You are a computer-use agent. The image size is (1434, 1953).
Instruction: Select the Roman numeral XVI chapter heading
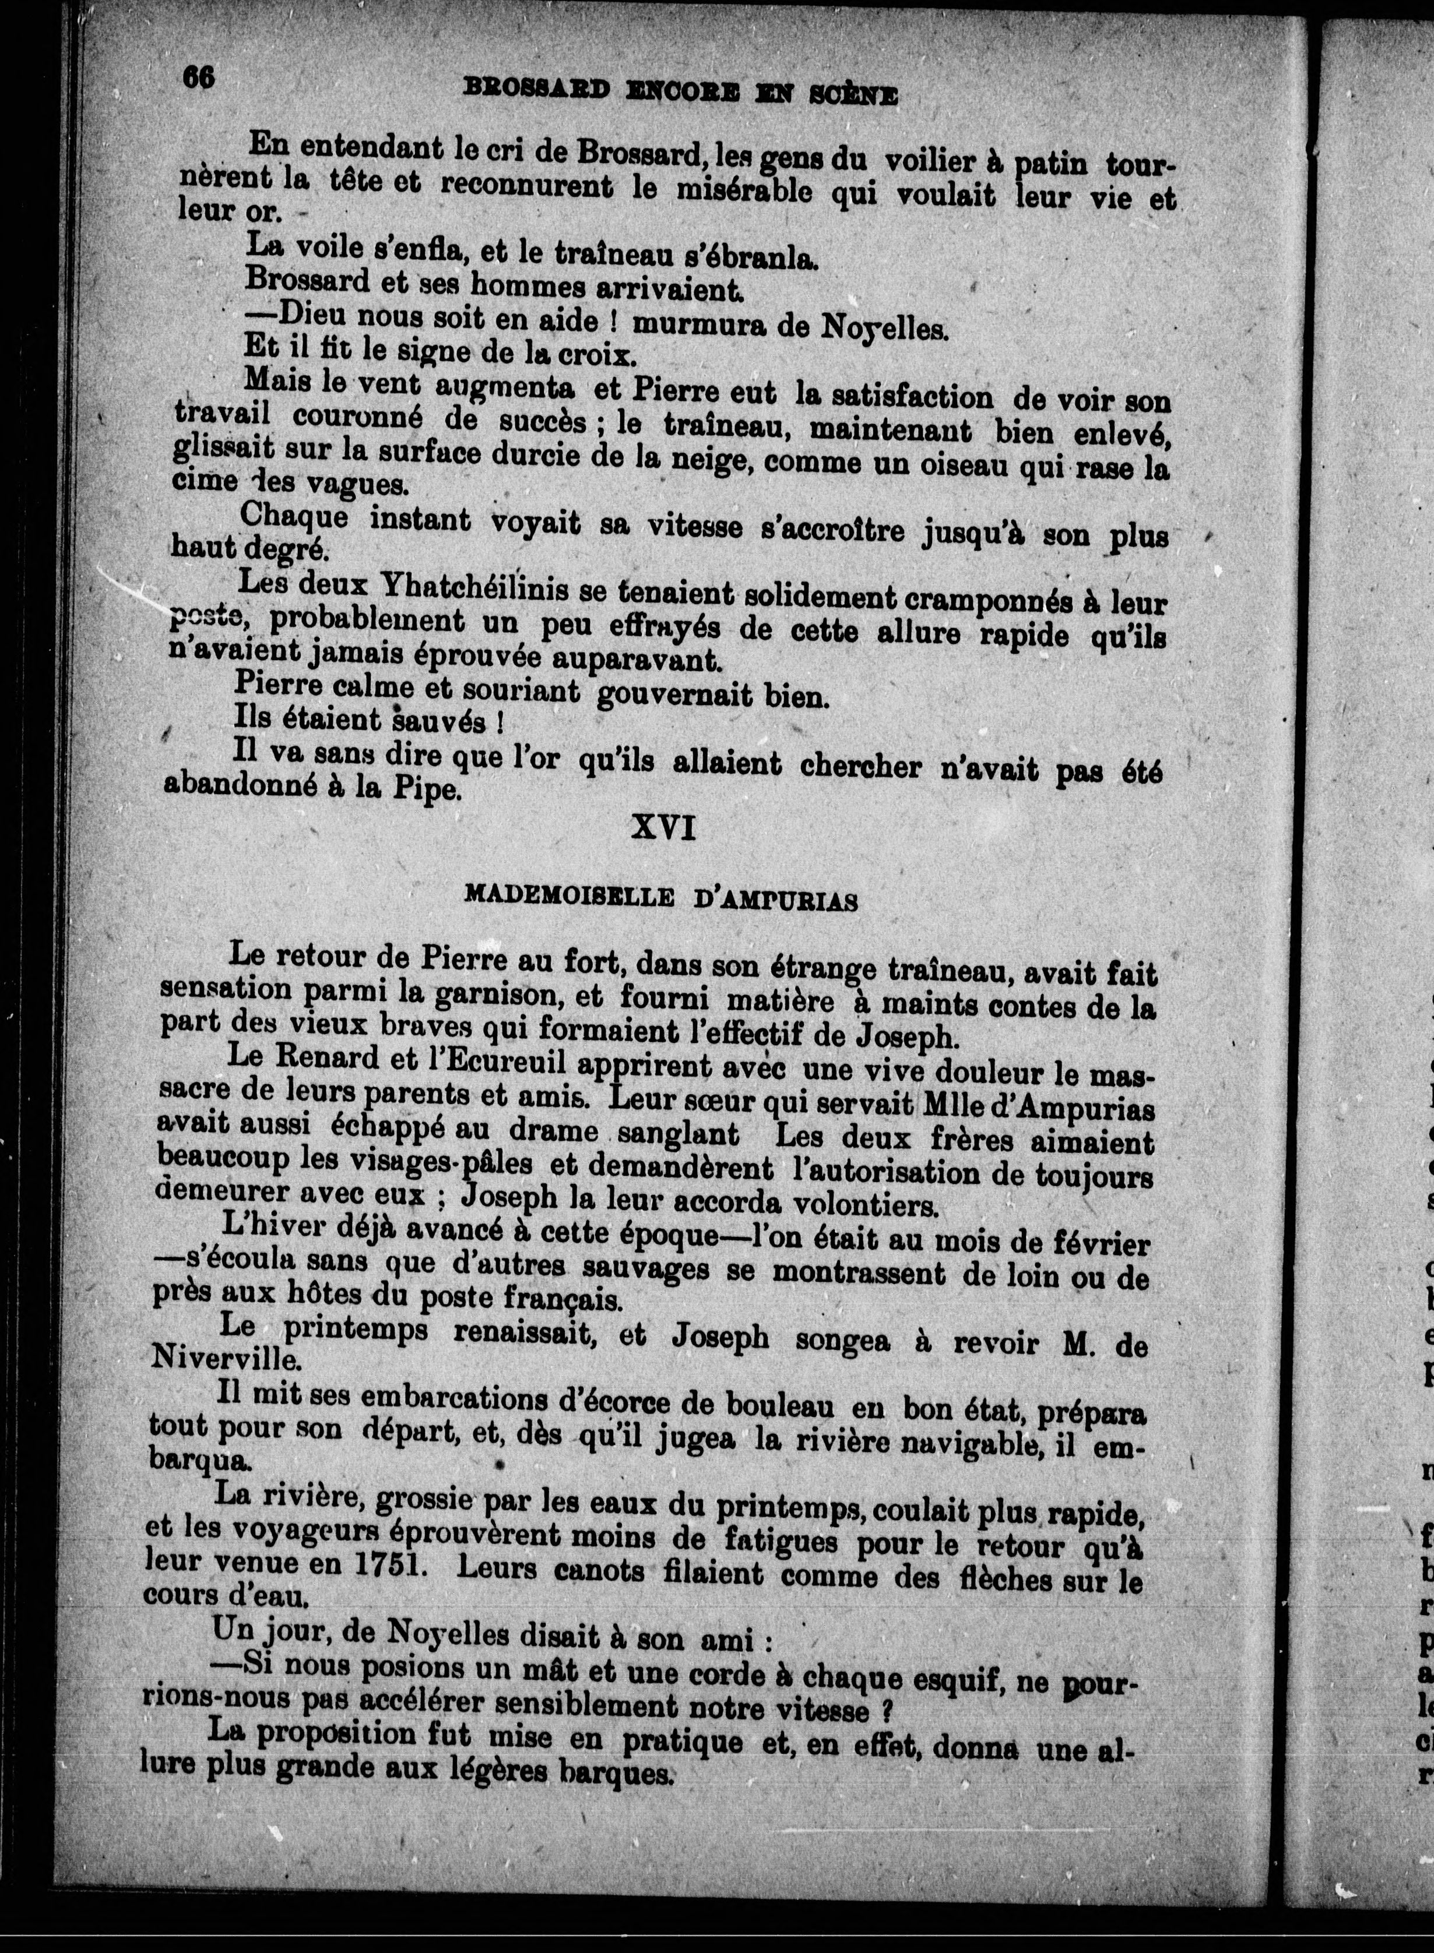(x=663, y=829)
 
